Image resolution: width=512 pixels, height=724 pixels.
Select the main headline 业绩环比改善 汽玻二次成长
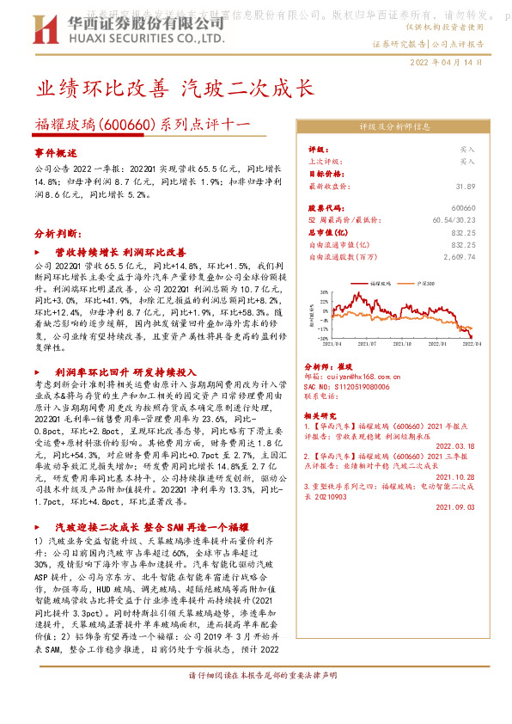pos(182,89)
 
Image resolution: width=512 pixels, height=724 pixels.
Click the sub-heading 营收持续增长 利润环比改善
pos(120,254)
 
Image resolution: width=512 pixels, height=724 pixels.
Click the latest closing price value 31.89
pos(466,185)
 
